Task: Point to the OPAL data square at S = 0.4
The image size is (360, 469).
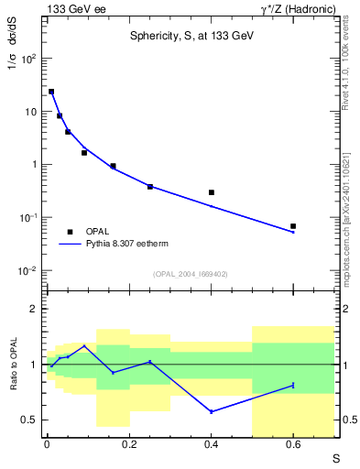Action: point(212,192)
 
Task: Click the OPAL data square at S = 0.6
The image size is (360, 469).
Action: point(293,225)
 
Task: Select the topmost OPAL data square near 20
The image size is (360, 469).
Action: point(51,92)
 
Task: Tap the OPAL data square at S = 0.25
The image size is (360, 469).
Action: point(150,187)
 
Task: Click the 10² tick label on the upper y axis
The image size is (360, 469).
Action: point(27,59)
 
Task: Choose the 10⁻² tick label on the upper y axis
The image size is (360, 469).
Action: point(27,271)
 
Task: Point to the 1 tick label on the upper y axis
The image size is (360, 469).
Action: point(32,165)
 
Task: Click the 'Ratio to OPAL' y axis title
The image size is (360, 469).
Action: point(13,365)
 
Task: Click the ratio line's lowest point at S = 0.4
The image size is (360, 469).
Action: point(212,411)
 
